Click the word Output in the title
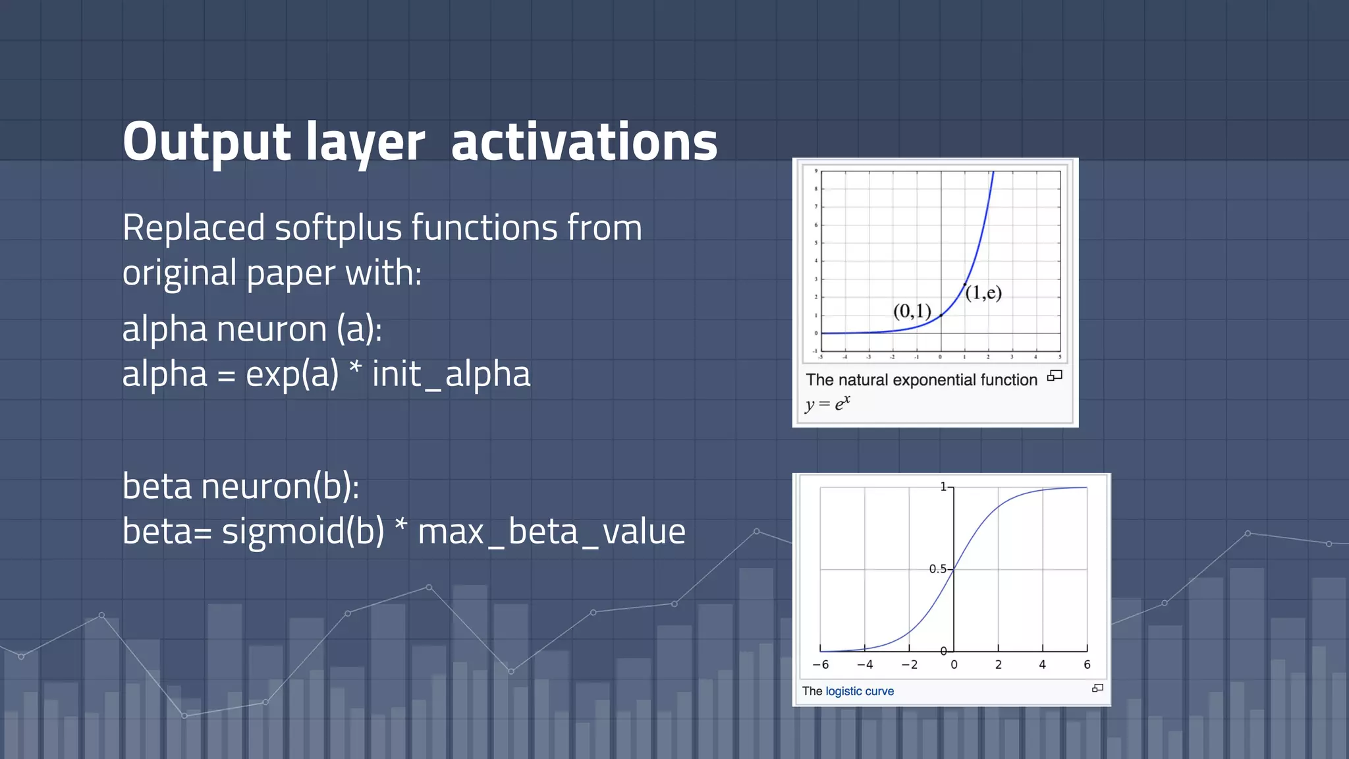click(206, 142)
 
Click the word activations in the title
click(584, 142)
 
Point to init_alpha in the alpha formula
click(451, 374)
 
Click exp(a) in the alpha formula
click(292, 374)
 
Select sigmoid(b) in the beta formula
click(303, 531)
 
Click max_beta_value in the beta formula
click(551, 531)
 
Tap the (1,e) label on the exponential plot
click(983, 293)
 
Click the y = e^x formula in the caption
click(827, 403)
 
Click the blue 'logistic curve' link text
click(859, 691)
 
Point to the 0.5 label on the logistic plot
click(937, 569)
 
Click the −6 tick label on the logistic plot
click(821, 665)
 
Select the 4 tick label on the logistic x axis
click(1042, 665)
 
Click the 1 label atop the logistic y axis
click(943, 487)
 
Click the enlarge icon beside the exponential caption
click(1055, 376)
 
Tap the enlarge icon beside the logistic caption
click(1097, 688)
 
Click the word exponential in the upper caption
click(922, 380)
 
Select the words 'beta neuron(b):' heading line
click(240, 486)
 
